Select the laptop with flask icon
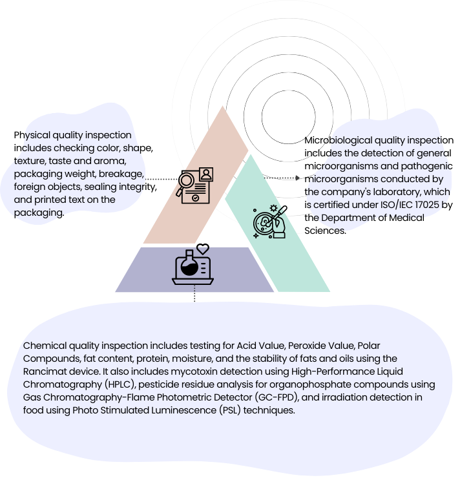[193, 267]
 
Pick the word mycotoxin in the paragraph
[199, 371]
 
